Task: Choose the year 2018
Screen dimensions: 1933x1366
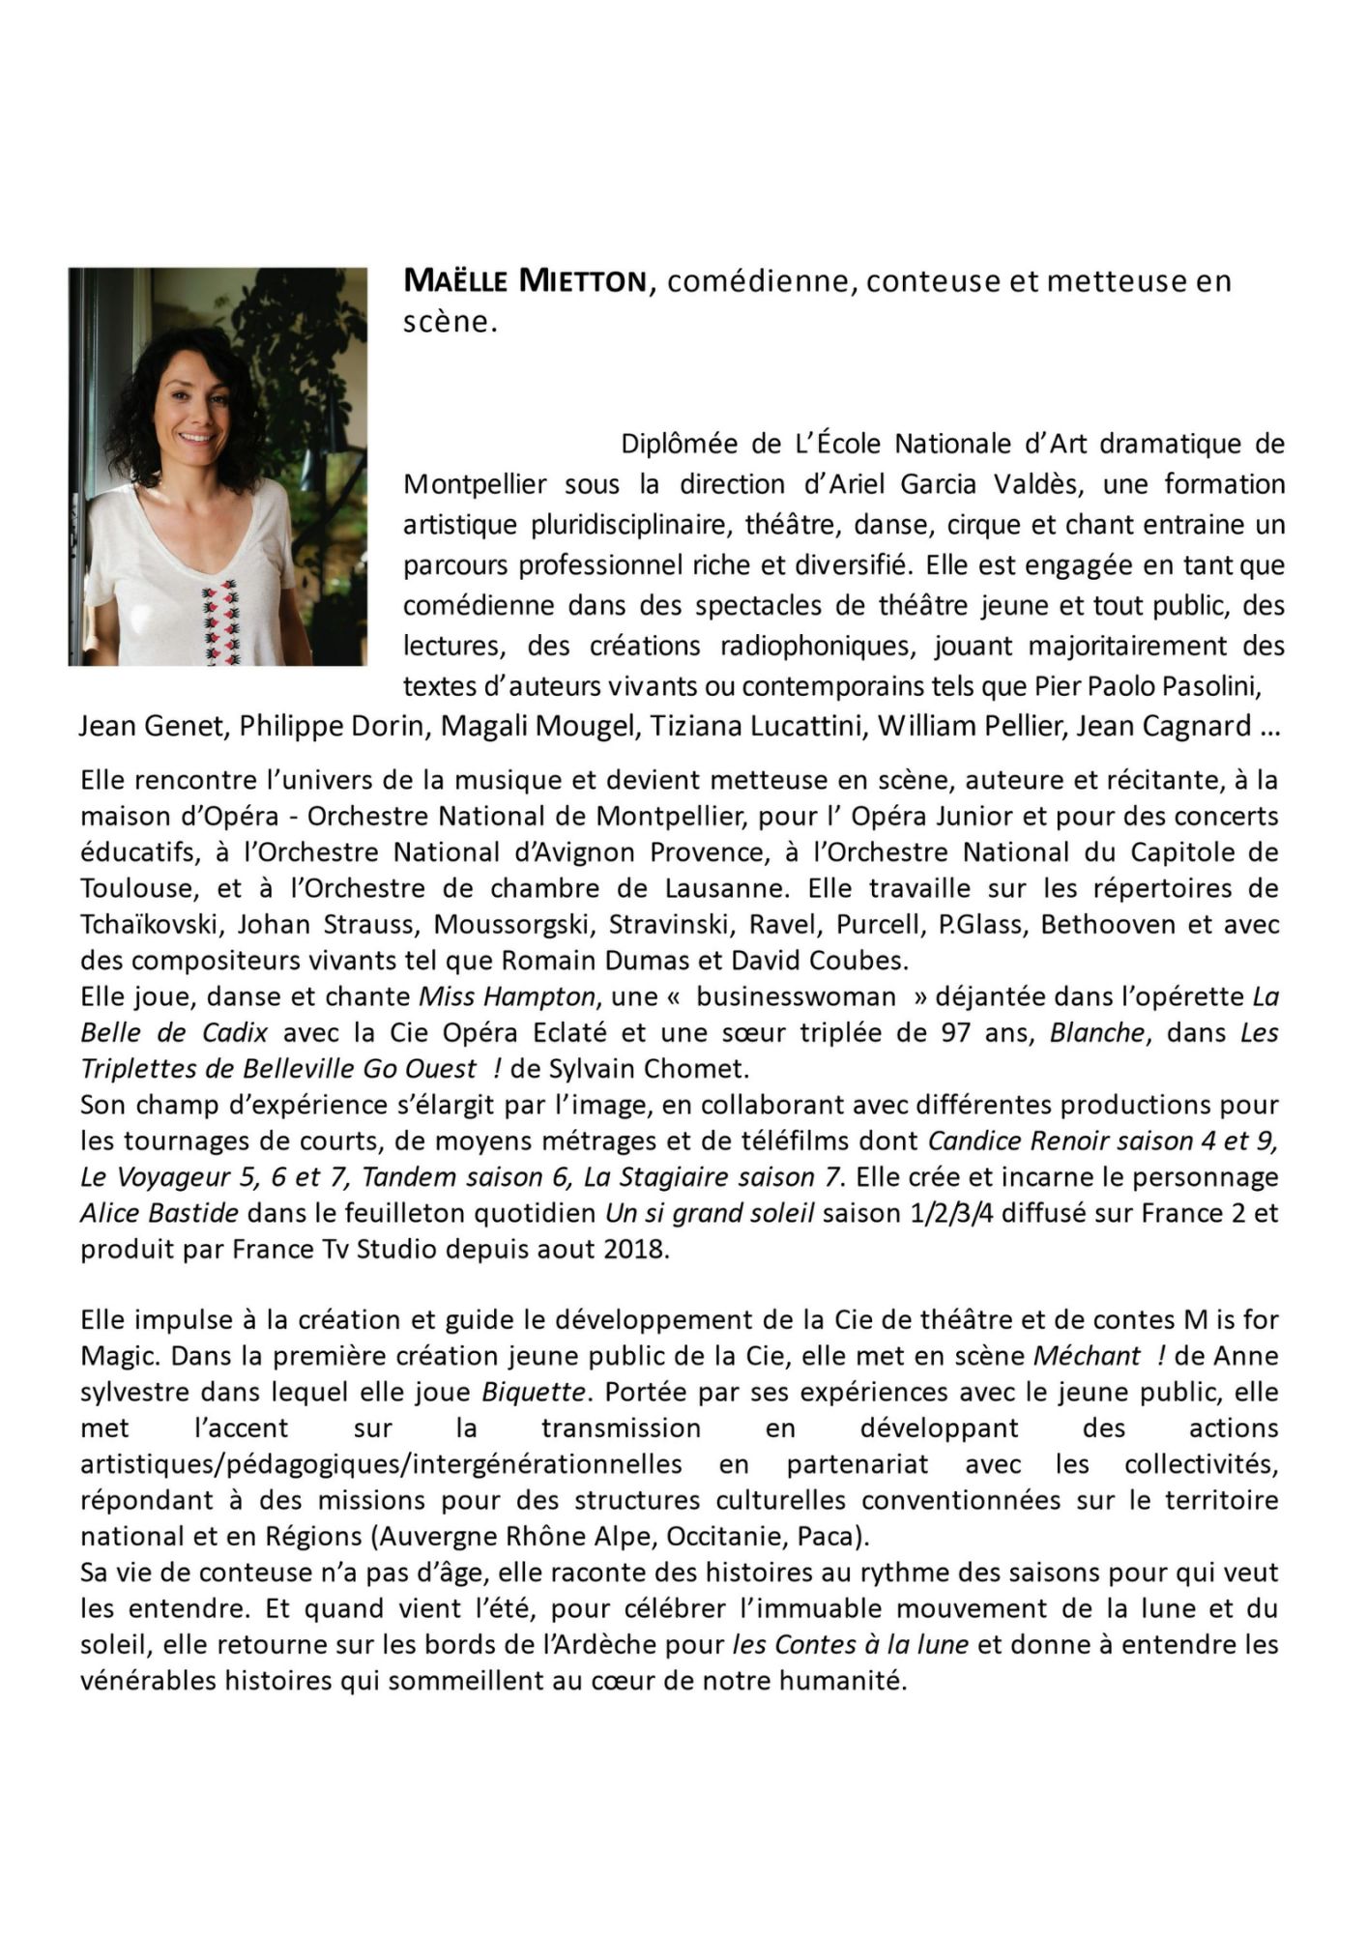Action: pos(636,1248)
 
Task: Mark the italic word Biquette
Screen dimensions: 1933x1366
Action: pos(534,1392)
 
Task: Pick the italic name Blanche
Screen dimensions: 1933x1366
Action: pos(1096,1032)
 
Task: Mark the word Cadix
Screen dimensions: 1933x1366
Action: pos(235,1032)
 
